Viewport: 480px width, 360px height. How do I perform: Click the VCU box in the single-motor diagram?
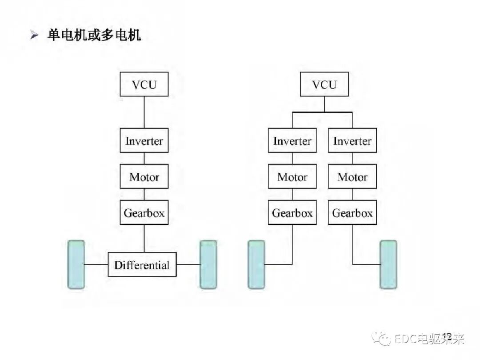[144, 84]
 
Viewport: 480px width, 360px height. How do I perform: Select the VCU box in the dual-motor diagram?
[324, 84]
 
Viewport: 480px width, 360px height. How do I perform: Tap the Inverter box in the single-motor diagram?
[144, 140]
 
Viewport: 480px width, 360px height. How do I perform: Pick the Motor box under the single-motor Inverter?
[144, 176]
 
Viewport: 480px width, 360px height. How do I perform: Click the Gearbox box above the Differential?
[144, 212]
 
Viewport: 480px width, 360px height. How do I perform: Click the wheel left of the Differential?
[76, 264]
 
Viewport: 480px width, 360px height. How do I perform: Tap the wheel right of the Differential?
[208, 264]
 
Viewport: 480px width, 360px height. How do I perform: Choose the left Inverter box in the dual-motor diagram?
[292, 140]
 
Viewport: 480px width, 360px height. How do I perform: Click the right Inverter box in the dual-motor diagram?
[352, 140]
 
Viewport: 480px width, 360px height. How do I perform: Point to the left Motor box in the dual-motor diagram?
[292, 176]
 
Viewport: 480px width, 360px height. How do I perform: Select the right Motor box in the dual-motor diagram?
[352, 176]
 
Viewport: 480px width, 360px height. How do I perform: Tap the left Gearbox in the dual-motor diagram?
[292, 212]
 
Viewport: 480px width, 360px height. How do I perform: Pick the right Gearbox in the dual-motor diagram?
[352, 212]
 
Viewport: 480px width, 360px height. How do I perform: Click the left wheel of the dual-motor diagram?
[256, 264]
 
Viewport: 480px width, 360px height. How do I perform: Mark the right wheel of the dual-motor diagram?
[388, 264]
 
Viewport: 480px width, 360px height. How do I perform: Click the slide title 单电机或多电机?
[94, 35]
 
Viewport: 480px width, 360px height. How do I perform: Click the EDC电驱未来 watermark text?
[429, 339]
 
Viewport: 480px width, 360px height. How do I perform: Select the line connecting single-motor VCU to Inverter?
[144, 112]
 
